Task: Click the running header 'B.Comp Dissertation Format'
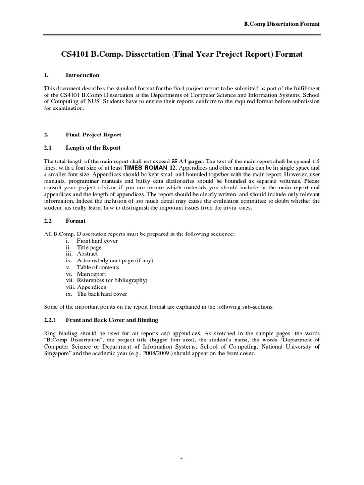[279, 24]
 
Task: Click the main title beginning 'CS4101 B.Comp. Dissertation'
[182, 54]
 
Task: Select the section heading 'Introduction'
[82, 75]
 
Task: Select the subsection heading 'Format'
[75, 221]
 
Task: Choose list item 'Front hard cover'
[97, 241]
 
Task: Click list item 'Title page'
[89, 247]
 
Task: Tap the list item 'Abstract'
[87, 254]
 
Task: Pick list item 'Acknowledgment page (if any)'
[115, 260]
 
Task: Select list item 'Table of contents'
[98, 267]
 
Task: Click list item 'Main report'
[91, 274]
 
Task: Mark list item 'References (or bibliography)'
[112, 280]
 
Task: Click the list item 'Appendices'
[91, 287]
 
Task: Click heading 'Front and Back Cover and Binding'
[112, 320]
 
